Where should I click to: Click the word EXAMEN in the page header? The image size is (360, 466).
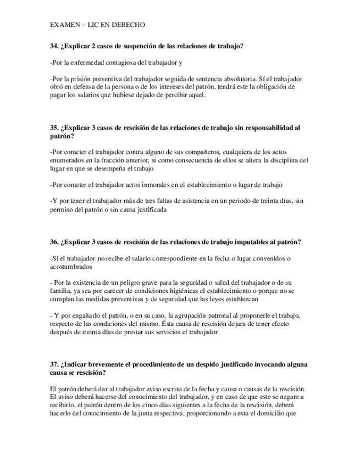coord(63,25)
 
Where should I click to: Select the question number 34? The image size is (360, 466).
coord(53,46)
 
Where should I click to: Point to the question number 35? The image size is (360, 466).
coord(53,128)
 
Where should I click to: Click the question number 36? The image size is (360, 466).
coord(53,242)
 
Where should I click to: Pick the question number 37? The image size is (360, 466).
coord(53,364)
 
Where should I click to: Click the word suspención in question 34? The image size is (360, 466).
coord(143,46)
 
